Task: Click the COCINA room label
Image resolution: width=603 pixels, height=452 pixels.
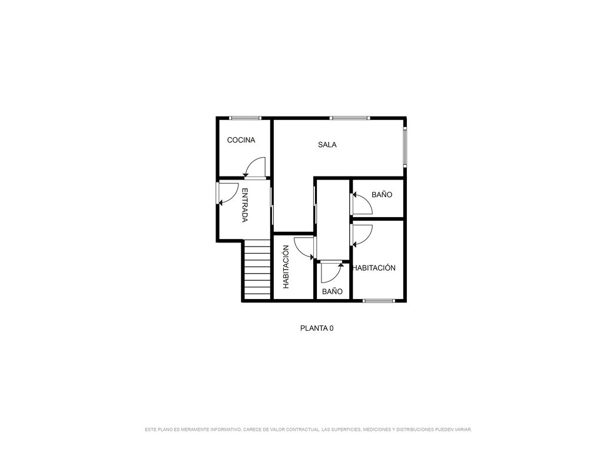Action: click(241, 140)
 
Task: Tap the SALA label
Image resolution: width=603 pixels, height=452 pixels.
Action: click(327, 145)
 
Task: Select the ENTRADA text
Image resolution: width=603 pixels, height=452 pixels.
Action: click(244, 205)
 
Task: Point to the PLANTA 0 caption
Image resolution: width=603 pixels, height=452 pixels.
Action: click(317, 328)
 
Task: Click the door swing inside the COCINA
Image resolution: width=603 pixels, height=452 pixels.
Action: click(254, 168)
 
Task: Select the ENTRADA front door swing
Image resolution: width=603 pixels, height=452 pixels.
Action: click(228, 194)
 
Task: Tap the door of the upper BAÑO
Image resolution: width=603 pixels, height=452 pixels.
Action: click(362, 203)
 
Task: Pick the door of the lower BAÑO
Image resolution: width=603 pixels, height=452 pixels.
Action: click(332, 272)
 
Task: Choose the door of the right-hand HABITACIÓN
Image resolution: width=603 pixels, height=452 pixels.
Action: click(362, 235)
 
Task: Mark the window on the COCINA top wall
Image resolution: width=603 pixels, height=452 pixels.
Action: click(246, 118)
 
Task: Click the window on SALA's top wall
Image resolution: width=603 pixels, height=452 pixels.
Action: click(350, 118)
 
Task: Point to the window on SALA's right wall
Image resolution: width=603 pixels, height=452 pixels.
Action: click(405, 147)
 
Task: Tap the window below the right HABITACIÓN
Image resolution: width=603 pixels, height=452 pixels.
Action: click(379, 301)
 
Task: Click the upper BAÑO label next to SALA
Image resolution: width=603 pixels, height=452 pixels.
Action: click(382, 194)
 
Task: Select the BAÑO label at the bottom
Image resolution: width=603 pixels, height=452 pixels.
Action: click(332, 291)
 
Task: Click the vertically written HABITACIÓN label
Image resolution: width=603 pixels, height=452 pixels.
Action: click(286, 267)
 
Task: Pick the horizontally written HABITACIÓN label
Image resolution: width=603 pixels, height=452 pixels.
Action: click(374, 268)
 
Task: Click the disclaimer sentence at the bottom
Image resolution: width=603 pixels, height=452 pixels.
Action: click(309, 429)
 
